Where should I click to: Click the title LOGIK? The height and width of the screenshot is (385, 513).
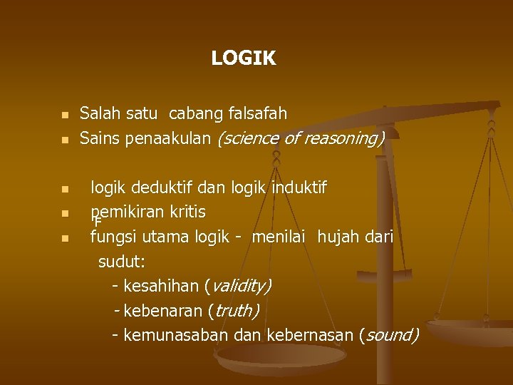tap(243, 58)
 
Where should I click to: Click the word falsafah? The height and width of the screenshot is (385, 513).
tap(259, 113)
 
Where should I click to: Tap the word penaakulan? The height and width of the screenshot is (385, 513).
tap(168, 138)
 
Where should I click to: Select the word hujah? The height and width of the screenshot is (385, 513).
tap(340, 236)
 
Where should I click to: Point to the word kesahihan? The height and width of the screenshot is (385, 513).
tap(161, 286)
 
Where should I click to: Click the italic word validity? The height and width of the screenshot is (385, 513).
tap(239, 286)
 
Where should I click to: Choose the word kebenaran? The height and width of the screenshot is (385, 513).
tap(162, 311)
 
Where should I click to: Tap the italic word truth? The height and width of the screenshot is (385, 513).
tap(235, 311)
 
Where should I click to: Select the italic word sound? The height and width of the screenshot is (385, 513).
tap(390, 335)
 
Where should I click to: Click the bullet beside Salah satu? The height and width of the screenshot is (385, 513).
tap(63, 115)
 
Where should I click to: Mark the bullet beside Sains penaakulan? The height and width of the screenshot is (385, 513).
tap(63, 139)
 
